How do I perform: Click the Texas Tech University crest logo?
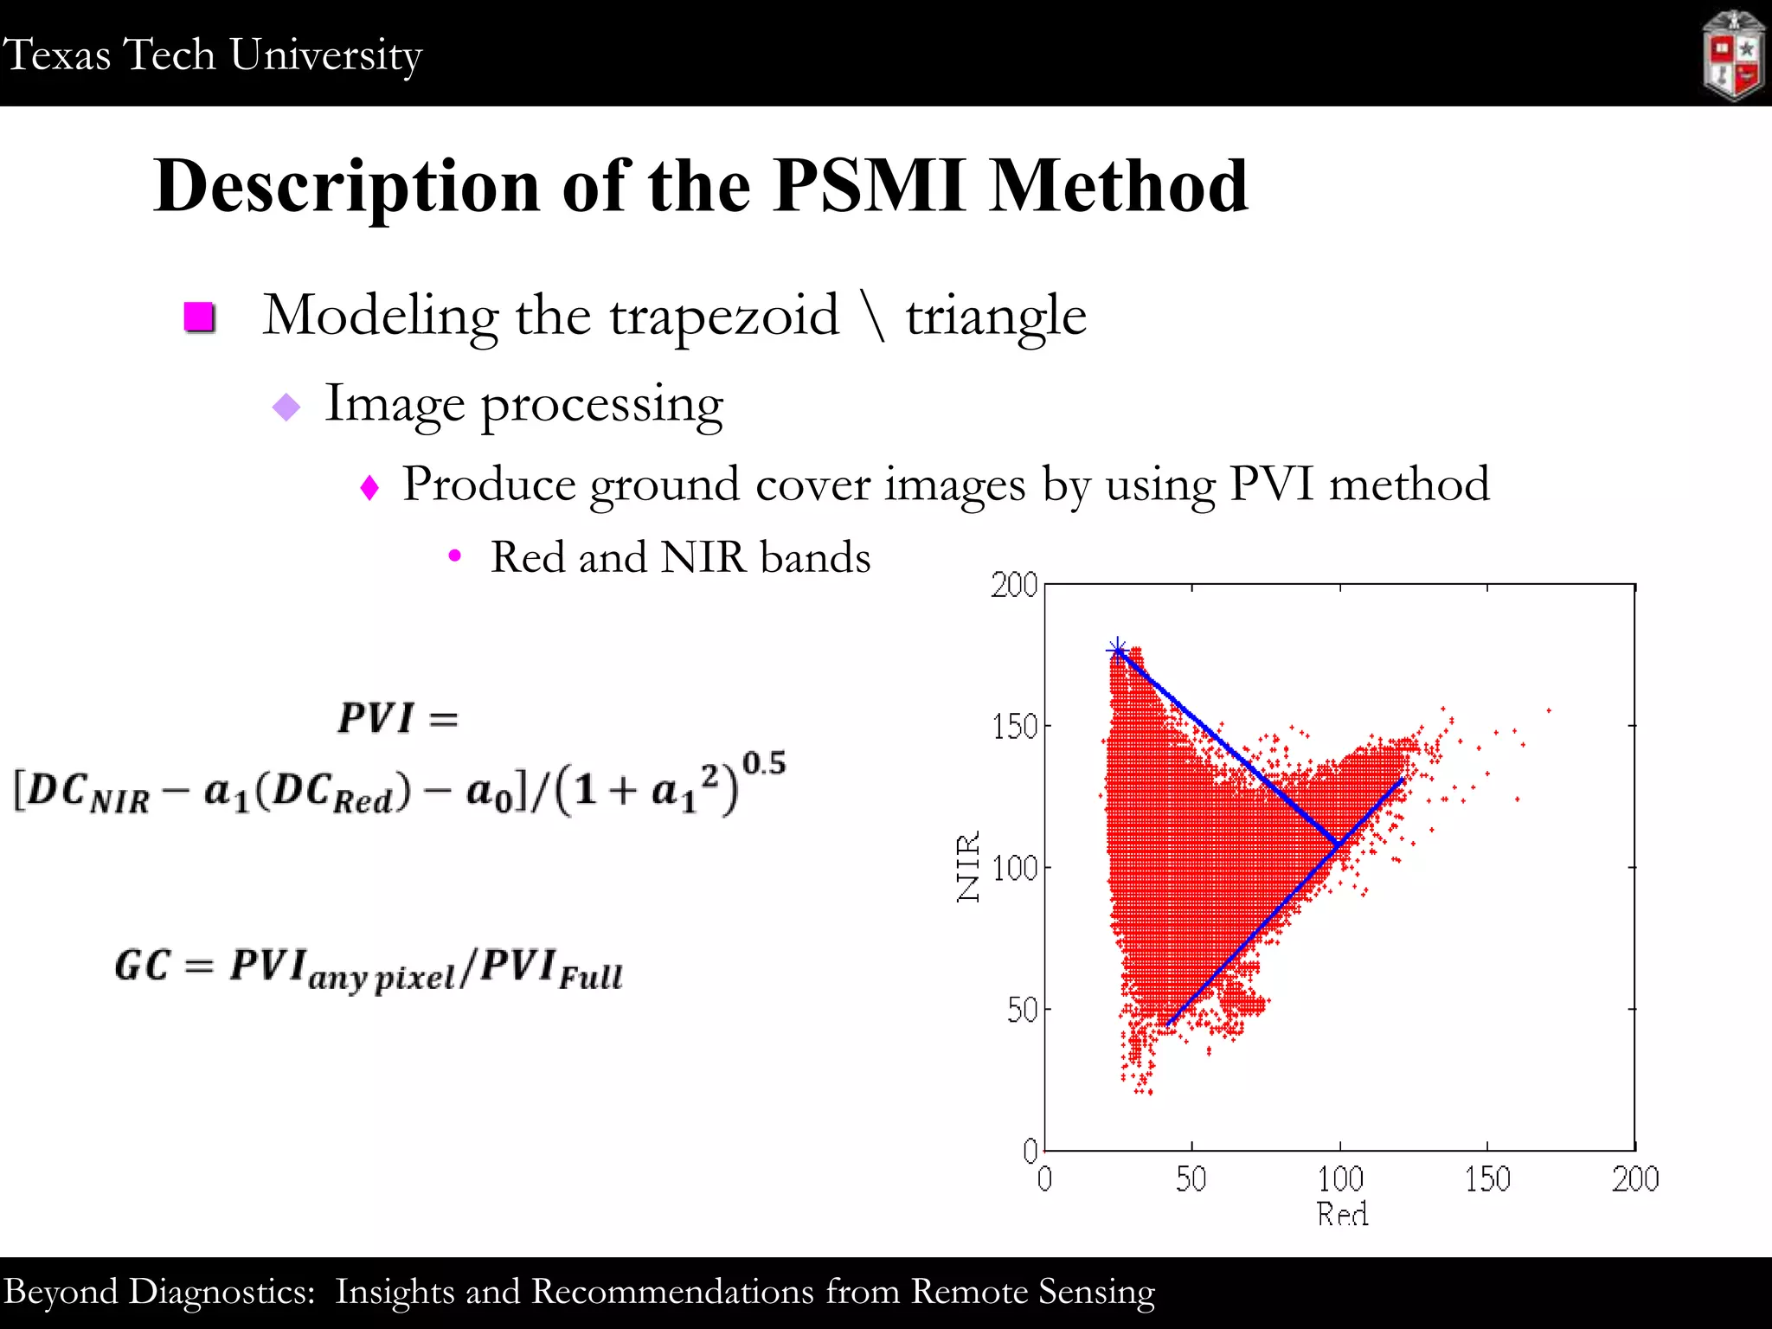(1733, 55)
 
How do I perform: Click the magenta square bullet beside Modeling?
(200, 317)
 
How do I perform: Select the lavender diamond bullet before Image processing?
(286, 406)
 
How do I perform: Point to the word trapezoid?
(724, 315)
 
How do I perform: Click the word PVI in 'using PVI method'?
(1272, 484)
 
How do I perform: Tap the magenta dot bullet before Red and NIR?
(455, 556)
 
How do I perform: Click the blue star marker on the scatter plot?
(1117, 650)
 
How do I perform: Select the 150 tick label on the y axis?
(1015, 727)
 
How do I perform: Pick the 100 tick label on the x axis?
(1340, 1178)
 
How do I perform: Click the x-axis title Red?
(1342, 1214)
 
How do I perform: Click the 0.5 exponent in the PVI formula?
(764, 763)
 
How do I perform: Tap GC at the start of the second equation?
(143, 966)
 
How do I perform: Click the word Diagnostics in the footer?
(221, 1292)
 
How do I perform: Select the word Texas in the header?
(57, 55)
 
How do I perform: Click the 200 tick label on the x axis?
(1634, 1178)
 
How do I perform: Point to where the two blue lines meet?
(1339, 843)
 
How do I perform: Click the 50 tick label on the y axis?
(1022, 1010)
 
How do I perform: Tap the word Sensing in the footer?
(1096, 1292)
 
